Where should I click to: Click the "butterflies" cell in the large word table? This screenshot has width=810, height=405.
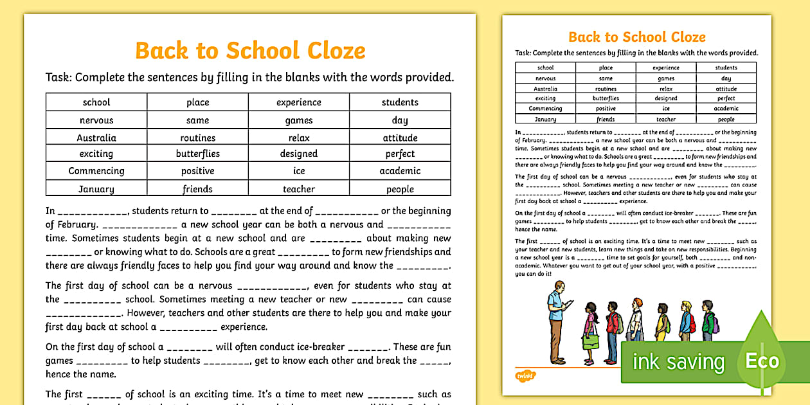pos(198,154)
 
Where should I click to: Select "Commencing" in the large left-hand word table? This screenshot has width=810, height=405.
pos(96,171)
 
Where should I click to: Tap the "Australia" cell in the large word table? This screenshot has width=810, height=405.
pos(96,138)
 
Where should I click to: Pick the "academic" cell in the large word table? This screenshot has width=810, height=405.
pos(400,171)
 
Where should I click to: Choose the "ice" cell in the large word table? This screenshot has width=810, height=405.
pos(299,171)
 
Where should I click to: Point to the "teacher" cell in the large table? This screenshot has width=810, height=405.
pos(299,189)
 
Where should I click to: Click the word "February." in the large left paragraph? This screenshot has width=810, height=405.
pos(71,225)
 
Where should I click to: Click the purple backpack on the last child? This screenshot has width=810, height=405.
pos(715,325)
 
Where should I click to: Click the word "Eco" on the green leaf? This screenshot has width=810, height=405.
pos(762,361)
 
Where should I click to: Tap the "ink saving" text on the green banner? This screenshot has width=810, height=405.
pos(678,363)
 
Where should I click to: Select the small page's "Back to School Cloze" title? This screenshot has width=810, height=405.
pos(636,37)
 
